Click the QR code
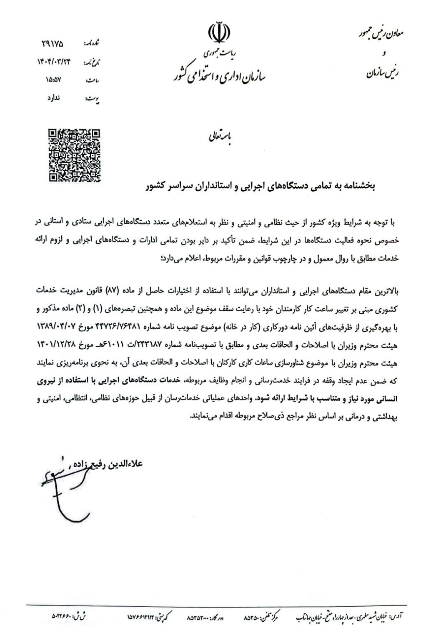[x=75, y=155]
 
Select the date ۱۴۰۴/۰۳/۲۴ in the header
[x=54, y=62]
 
